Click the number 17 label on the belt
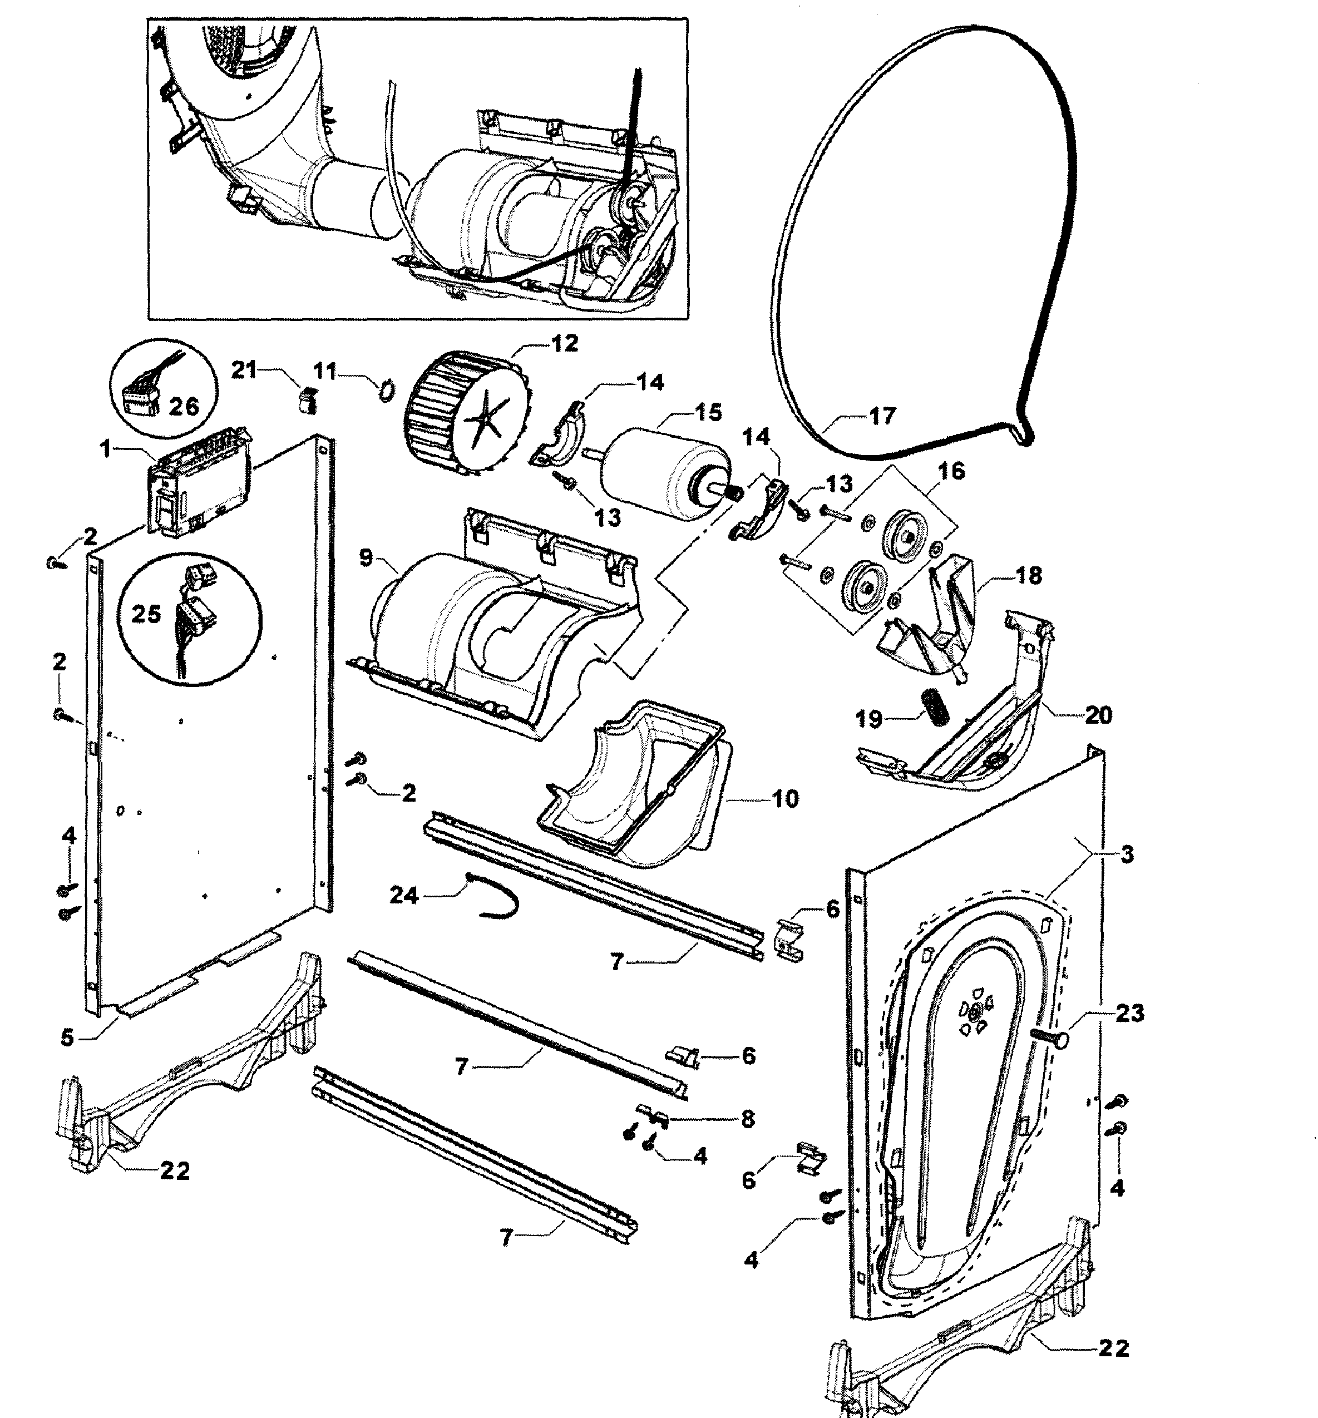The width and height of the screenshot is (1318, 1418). (x=882, y=416)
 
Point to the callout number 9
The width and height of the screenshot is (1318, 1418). (x=366, y=558)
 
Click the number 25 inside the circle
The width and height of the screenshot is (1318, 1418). (x=146, y=614)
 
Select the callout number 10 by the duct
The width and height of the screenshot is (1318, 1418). (x=784, y=799)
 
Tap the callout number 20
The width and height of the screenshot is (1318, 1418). (x=1098, y=715)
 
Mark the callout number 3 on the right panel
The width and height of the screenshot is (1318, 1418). (x=1126, y=854)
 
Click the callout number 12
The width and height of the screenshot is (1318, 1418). (x=564, y=344)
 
